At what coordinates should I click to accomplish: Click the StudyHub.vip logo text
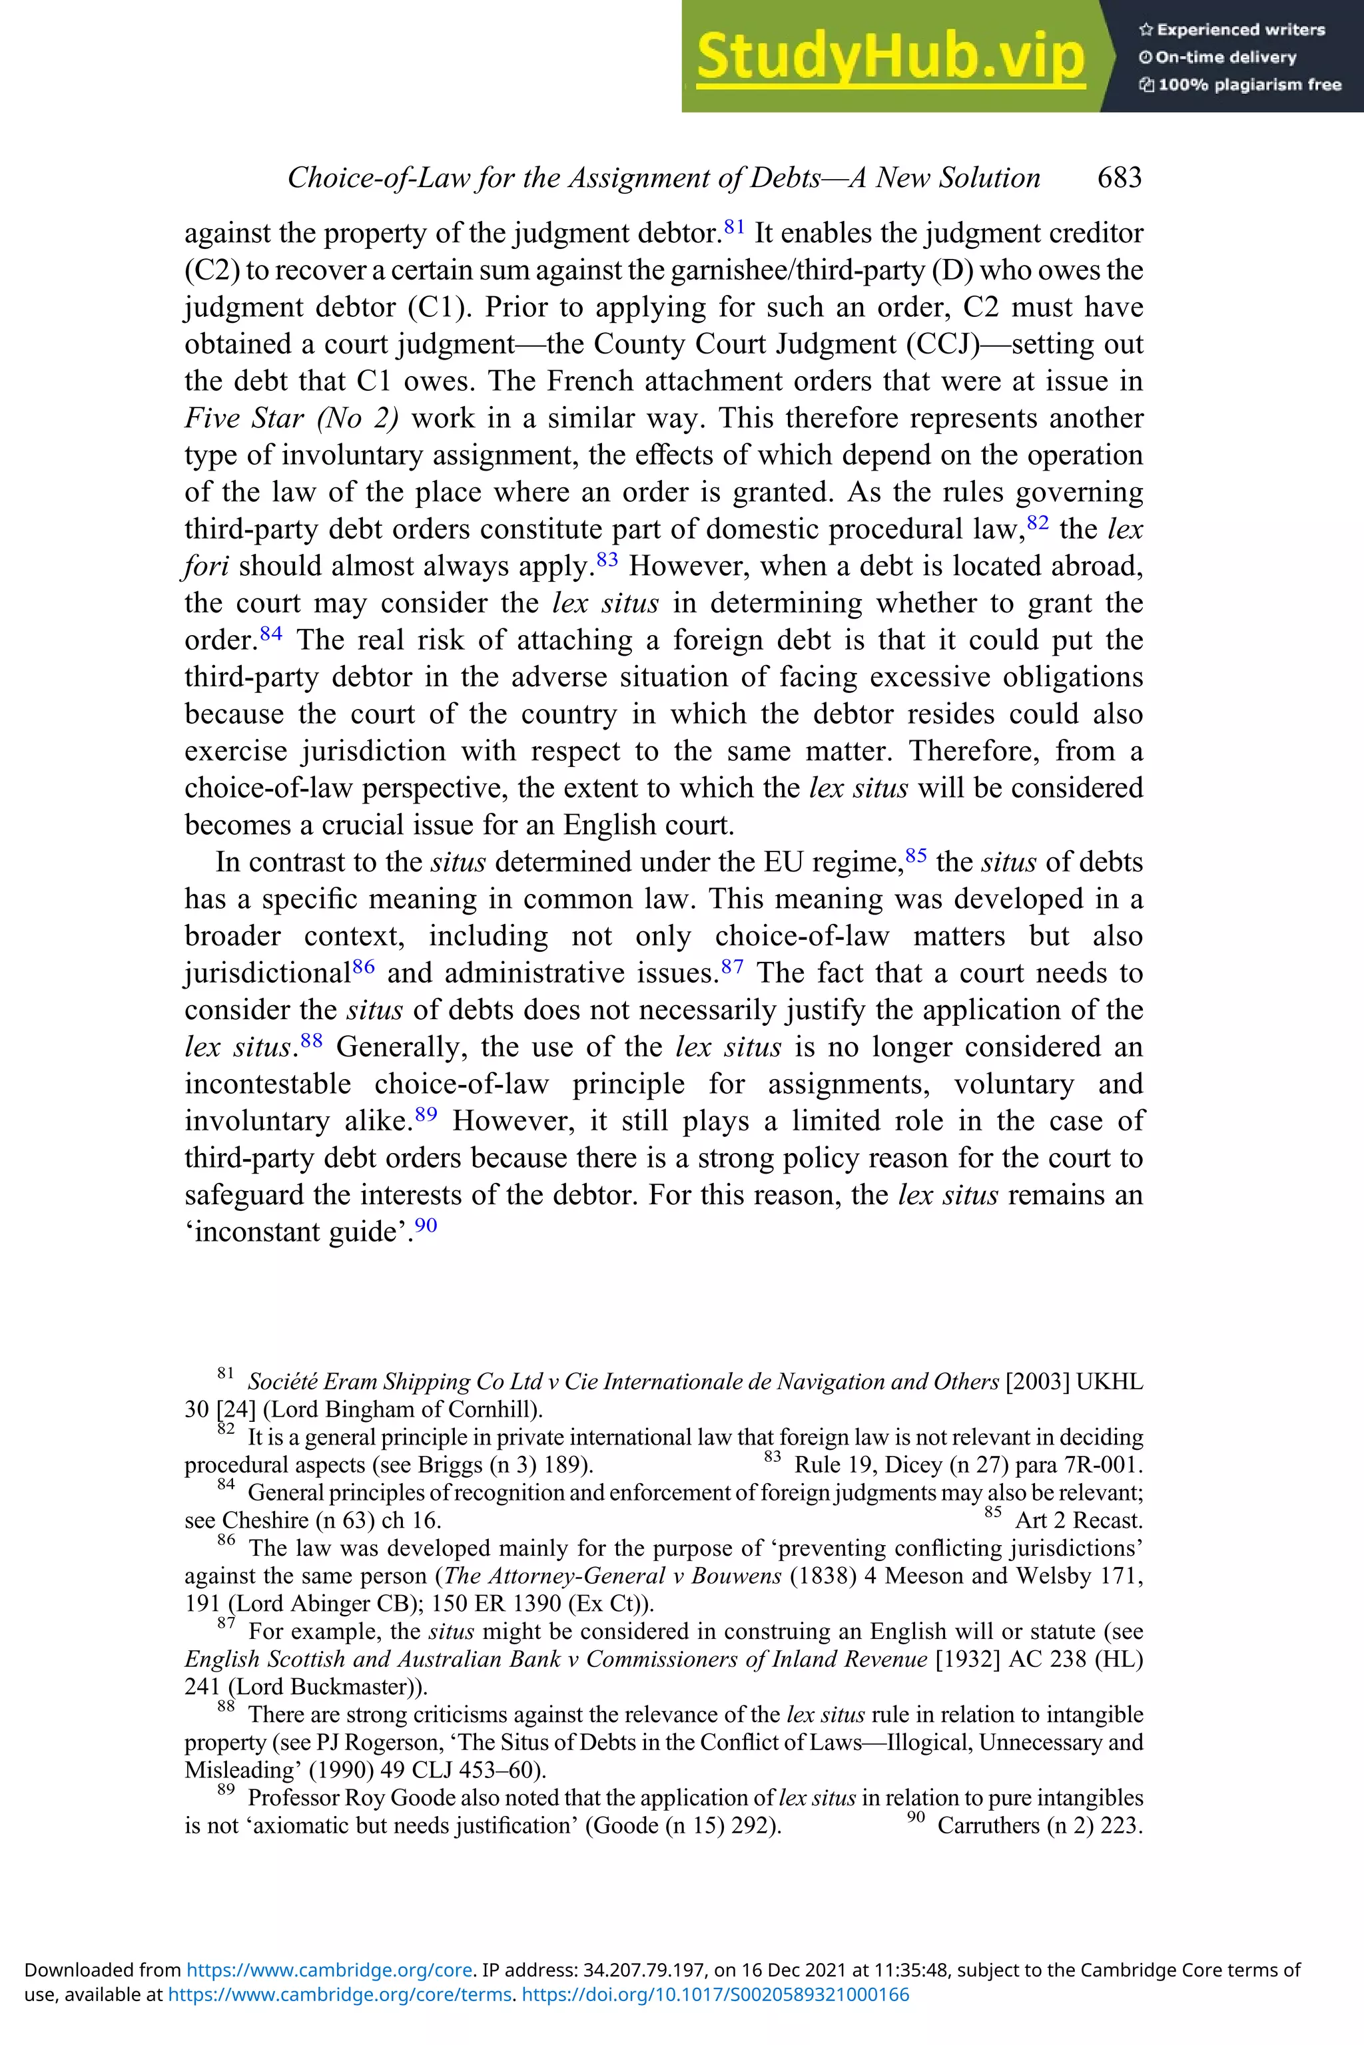[890, 57]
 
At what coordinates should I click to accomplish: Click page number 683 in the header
[1120, 177]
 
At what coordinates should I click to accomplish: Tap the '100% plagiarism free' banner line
[1241, 85]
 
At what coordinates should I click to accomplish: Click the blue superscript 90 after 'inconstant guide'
[426, 1225]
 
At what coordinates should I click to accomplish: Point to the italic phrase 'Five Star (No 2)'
[292, 418]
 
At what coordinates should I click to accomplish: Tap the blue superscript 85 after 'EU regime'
[916, 855]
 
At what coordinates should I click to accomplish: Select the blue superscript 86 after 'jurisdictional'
[364, 967]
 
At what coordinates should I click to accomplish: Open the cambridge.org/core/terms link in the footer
[338, 2019]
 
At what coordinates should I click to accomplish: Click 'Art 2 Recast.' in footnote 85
[1079, 1520]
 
